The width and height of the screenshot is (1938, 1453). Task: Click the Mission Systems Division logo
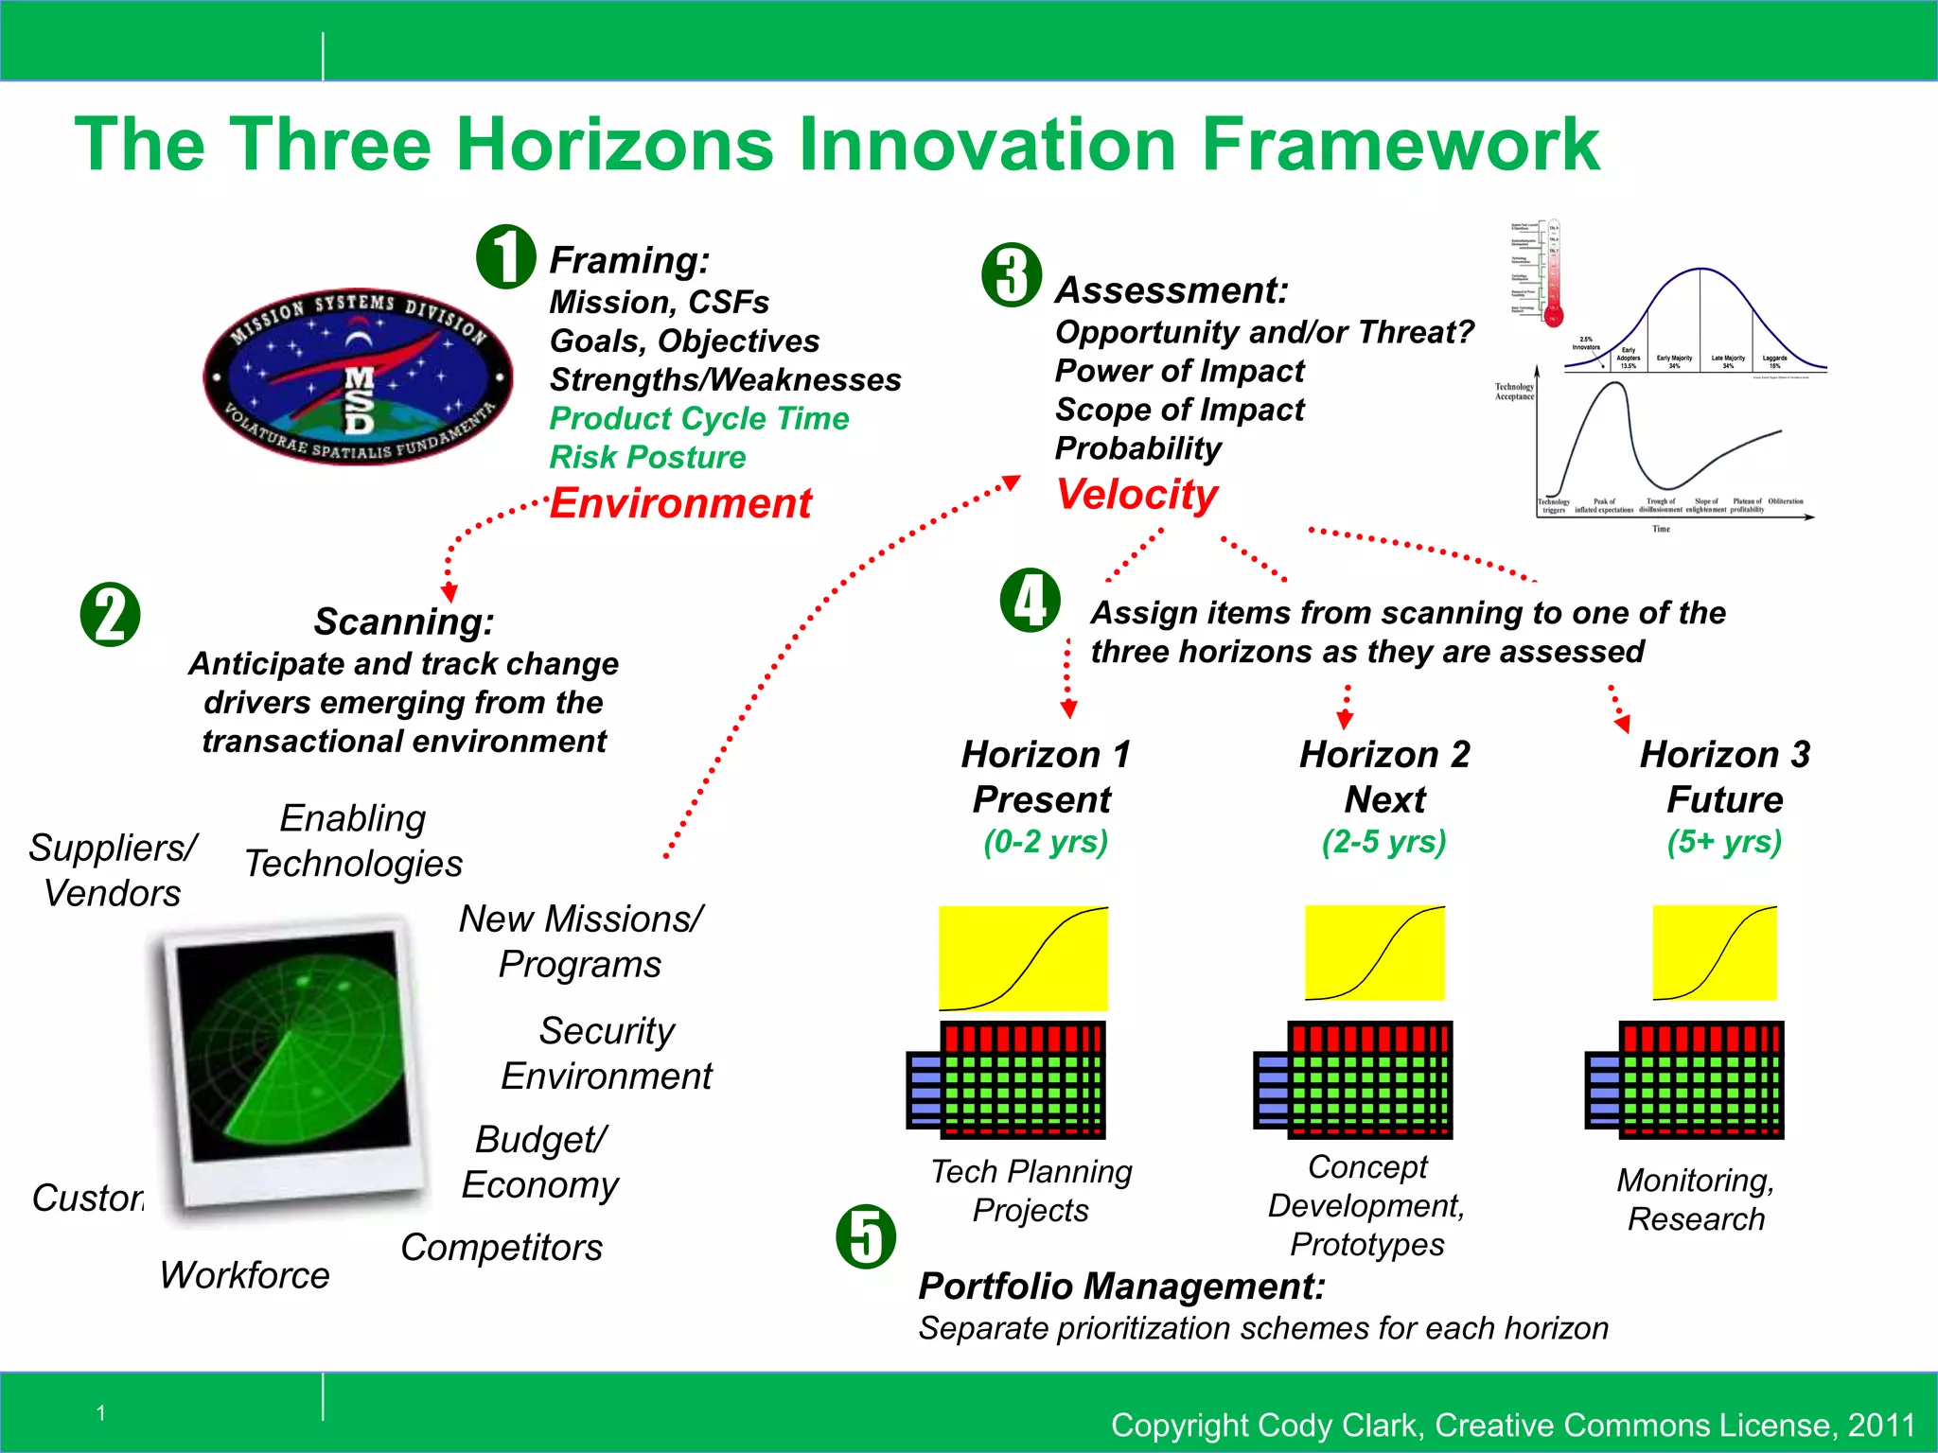point(358,376)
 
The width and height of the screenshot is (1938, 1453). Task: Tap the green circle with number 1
point(506,256)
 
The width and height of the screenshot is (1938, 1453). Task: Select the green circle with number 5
point(866,1236)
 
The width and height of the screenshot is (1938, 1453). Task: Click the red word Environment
point(680,503)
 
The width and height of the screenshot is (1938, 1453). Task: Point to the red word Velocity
point(1136,495)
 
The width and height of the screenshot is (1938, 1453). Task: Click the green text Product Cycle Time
point(699,418)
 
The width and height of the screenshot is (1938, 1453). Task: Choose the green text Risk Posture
point(647,458)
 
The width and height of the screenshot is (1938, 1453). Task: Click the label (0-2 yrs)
point(1045,841)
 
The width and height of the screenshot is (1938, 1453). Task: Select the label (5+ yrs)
point(1724,841)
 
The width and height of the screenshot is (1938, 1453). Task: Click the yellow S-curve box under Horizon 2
point(1374,953)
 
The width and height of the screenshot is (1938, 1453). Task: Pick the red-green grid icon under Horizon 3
point(1685,1078)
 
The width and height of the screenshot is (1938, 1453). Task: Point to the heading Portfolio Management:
point(1121,1287)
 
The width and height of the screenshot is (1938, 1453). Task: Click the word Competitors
point(501,1248)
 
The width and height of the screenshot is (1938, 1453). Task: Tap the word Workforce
point(244,1275)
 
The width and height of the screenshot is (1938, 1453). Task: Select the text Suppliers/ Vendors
point(113,870)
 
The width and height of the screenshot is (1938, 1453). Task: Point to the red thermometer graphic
point(1553,274)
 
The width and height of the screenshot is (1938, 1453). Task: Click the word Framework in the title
point(1400,144)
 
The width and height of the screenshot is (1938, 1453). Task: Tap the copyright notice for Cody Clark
point(1512,1425)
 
